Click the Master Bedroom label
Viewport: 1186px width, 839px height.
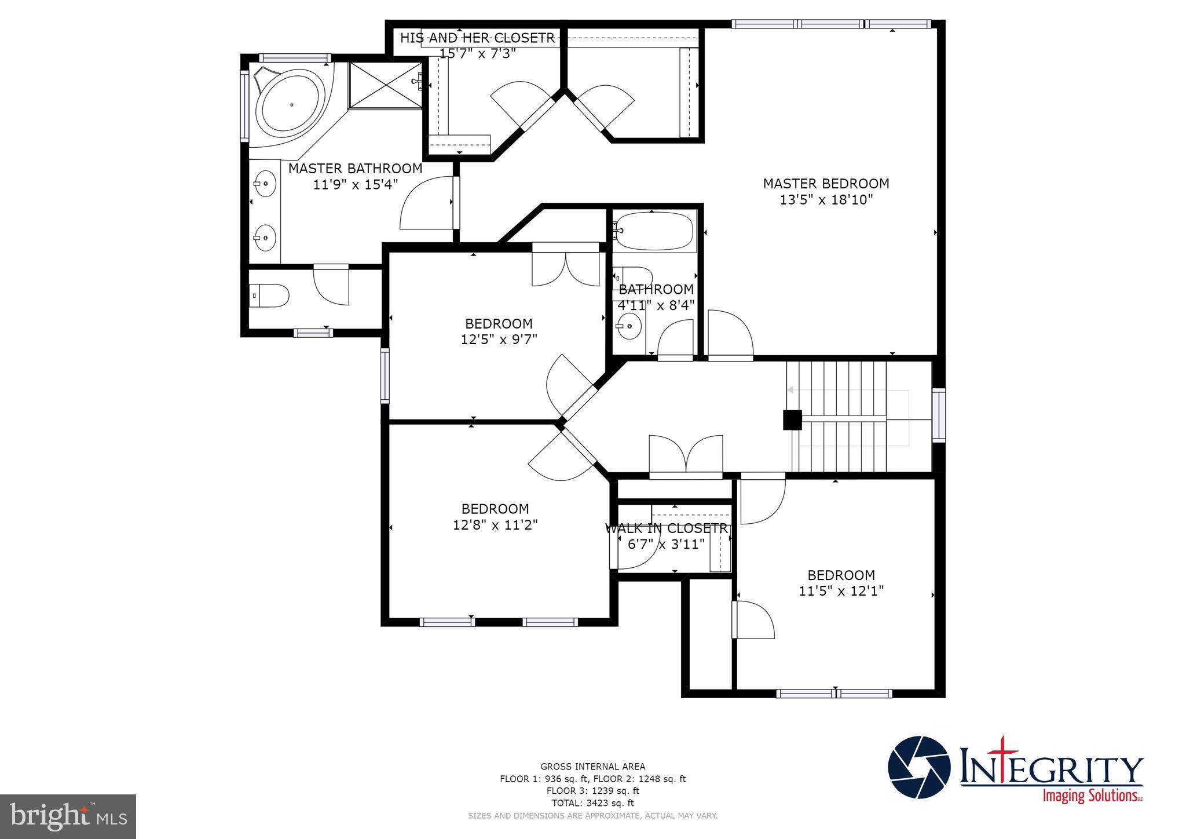826,184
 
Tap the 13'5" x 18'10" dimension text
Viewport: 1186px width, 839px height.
826,200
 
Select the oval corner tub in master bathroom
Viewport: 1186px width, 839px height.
291,105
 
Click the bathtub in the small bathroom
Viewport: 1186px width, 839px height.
654,231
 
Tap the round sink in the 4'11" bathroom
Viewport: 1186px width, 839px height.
629,327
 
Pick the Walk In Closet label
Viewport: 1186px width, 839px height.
666,528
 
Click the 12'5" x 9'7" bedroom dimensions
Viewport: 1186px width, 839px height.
499,340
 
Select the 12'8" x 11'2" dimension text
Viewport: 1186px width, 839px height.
495,525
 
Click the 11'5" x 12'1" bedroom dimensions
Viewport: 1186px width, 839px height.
841,591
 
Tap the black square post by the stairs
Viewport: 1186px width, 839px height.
792,420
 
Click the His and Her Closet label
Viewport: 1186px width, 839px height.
477,38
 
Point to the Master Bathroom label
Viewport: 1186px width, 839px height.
355,169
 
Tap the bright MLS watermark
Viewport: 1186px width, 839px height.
68,817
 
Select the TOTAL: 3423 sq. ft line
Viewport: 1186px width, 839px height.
592,803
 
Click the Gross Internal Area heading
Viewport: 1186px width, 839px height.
592,767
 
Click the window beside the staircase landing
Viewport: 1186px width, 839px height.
938,415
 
